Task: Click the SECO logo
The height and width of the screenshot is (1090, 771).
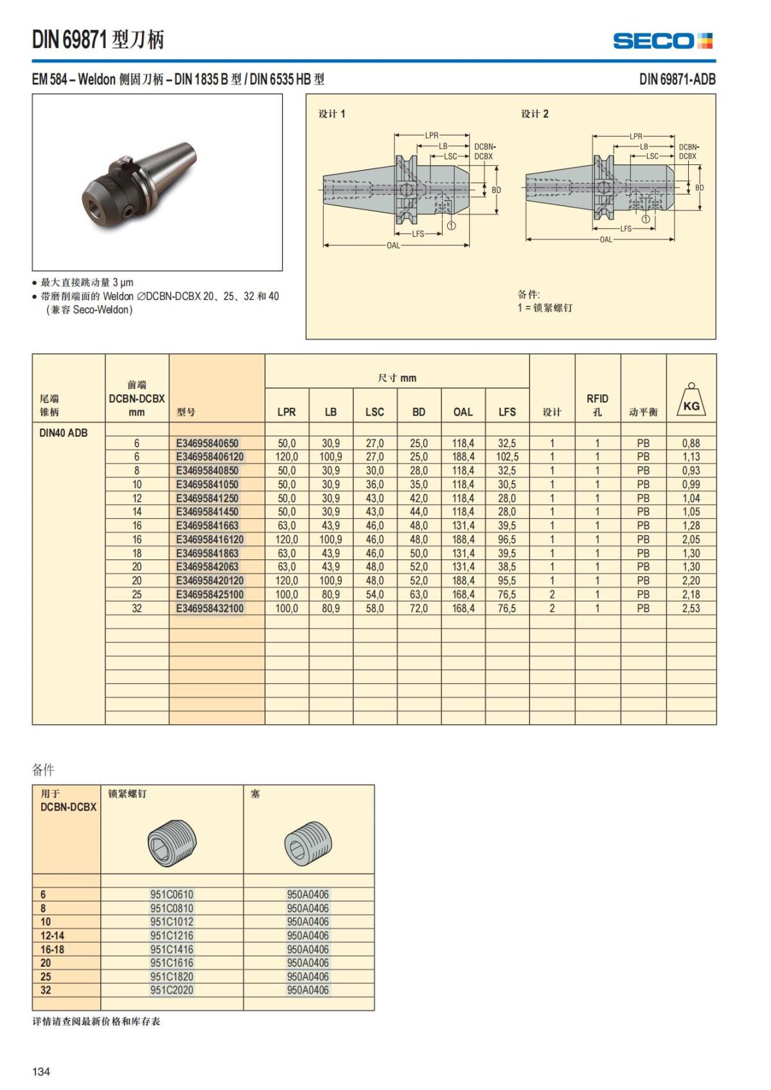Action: pos(662,41)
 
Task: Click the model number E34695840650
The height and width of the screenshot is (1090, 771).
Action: pos(207,443)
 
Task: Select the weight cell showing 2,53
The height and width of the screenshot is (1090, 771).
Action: pos(691,608)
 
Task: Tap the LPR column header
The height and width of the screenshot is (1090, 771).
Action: pos(287,412)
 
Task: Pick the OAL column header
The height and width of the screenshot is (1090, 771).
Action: pos(463,412)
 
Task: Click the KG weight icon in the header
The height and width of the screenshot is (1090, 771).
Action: pos(691,402)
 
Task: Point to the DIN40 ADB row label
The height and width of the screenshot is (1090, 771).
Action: pos(63,433)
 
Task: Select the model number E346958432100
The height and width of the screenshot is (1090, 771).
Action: pos(210,608)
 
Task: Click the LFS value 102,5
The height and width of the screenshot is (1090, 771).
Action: pos(507,457)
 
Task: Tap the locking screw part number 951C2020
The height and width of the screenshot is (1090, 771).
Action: pos(172,990)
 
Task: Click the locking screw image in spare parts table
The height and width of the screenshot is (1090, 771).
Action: pos(172,842)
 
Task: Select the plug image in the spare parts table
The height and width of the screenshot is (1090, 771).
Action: pos(308,842)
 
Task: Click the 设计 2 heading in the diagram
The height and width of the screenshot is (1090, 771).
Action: pos(535,114)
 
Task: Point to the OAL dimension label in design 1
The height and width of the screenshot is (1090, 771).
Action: pos(393,245)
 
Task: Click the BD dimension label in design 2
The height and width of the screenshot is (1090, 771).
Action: pos(700,188)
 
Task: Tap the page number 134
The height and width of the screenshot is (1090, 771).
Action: pos(41,1071)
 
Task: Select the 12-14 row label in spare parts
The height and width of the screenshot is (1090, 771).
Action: pos(52,935)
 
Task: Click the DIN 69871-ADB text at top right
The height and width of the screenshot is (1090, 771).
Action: pos(677,80)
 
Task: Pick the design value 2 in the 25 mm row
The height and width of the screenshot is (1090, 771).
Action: pos(552,595)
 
